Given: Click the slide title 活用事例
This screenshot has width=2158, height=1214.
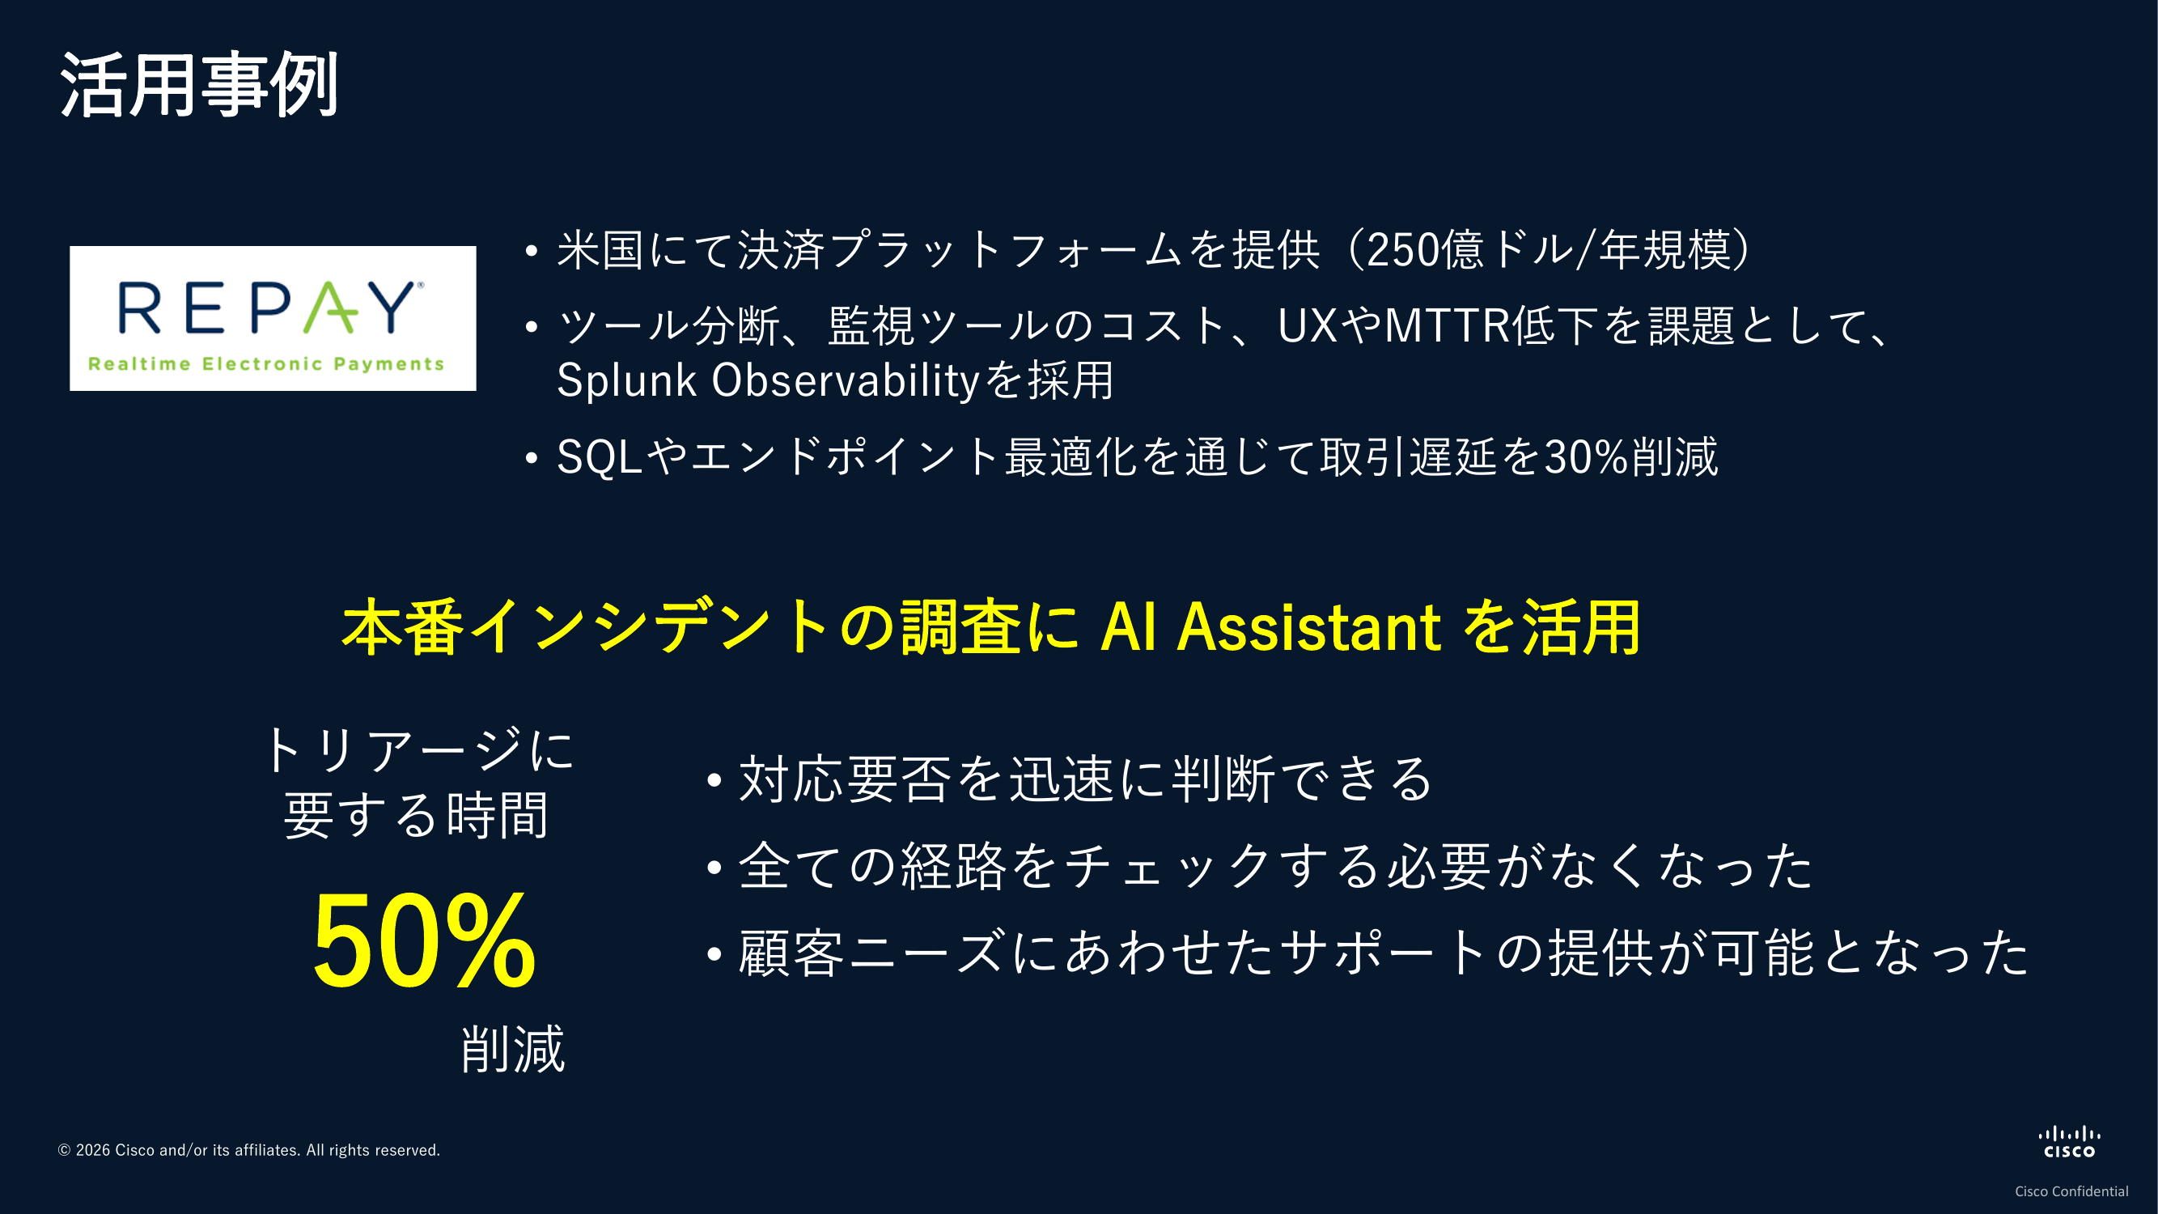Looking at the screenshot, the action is point(199,85).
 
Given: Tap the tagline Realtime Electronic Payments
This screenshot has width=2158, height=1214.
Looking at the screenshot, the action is point(266,363).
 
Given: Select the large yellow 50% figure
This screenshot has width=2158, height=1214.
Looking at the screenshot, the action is point(424,941).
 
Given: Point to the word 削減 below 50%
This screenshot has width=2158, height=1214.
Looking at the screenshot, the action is point(514,1049).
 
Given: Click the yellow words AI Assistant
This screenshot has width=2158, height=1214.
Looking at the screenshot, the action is point(1271,626).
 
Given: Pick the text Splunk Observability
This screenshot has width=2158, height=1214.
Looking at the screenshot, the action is point(768,380).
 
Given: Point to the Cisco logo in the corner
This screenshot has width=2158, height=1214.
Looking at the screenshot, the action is point(2069,1142).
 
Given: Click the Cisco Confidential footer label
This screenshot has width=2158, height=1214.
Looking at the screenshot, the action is point(2071,1191).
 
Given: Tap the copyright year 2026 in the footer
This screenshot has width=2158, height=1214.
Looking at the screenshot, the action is point(93,1150).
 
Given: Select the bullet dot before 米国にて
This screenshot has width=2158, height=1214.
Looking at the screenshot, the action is point(531,252).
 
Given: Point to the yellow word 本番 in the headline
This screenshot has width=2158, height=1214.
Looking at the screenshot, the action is point(403,626).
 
